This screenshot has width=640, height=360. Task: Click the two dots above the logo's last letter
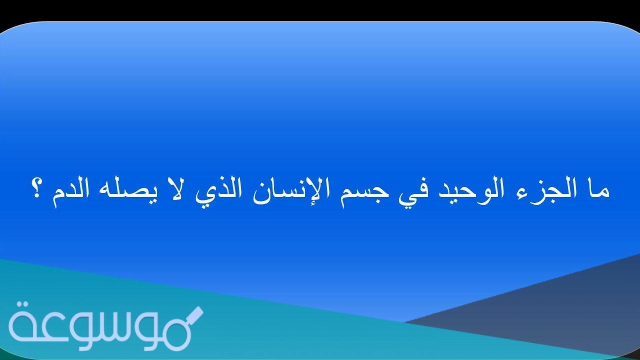tap(22, 305)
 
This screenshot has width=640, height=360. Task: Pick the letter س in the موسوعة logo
tap(94, 331)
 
